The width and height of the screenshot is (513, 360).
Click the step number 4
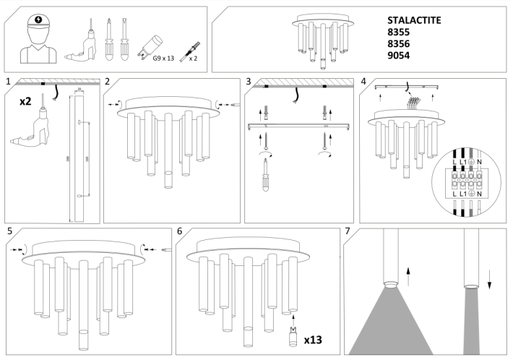[x=363, y=81]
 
